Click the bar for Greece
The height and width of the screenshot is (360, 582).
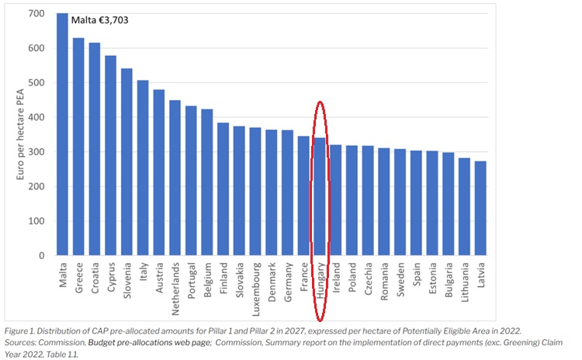tap(78, 147)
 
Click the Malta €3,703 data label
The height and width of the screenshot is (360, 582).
tap(99, 20)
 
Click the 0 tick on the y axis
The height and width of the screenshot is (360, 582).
tap(42, 255)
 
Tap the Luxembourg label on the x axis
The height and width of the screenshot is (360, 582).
tap(255, 292)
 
